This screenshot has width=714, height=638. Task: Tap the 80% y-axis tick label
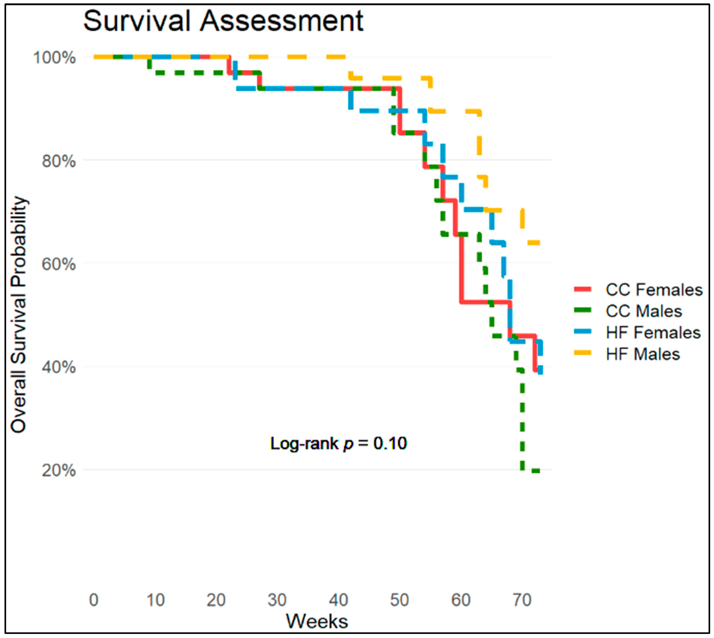coord(59,161)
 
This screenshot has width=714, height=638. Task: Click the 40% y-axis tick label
coord(59,367)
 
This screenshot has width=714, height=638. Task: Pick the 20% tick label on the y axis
coord(59,470)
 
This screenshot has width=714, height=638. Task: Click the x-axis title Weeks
coord(317,621)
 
